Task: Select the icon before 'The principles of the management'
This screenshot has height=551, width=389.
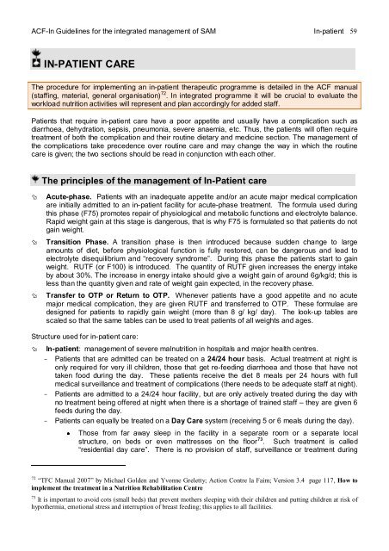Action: pyautogui.click(x=34, y=179)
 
